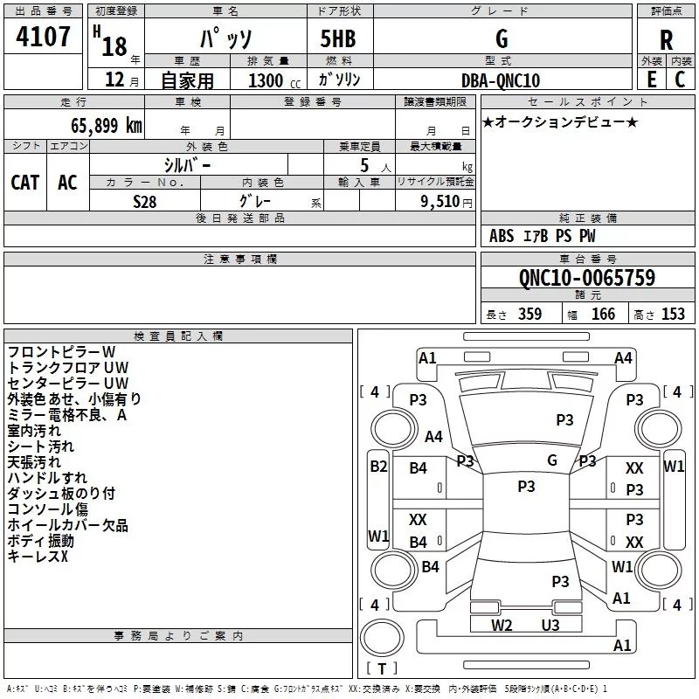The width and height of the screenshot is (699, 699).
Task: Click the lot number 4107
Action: pyautogui.click(x=43, y=36)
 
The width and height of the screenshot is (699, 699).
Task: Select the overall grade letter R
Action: pyautogui.click(x=666, y=40)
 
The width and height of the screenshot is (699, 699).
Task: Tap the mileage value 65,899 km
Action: pyautogui.click(x=107, y=125)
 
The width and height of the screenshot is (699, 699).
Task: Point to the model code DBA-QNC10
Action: pyautogui.click(x=501, y=80)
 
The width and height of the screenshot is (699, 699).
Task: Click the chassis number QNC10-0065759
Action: pyautogui.click(x=587, y=277)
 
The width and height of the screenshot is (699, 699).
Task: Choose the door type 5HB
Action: pyautogui.click(x=338, y=38)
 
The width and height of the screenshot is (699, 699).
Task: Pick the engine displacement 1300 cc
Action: pyautogui.click(x=274, y=80)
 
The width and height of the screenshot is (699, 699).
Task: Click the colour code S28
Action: pyautogui.click(x=144, y=202)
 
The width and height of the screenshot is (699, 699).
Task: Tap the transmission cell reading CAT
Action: pyautogui.click(x=25, y=183)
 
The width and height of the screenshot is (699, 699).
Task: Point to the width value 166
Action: pyautogui.click(x=603, y=314)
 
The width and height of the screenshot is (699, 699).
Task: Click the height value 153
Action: pyautogui.click(x=673, y=314)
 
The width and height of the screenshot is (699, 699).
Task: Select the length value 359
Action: pyautogui.click(x=530, y=314)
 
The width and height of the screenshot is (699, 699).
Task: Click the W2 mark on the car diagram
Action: pyautogui.click(x=502, y=625)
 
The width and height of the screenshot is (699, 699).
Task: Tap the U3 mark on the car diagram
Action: pyautogui.click(x=550, y=625)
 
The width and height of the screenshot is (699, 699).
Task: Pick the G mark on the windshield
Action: pyautogui.click(x=552, y=460)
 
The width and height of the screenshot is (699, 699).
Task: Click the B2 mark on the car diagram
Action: pyautogui.click(x=378, y=467)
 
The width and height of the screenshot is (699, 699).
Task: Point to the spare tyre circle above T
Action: pyautogui.click(x=382, y=638)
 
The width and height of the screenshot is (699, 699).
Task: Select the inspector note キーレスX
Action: pyautogui.click(x=38, y=557)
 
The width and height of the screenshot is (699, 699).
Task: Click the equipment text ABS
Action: pyautogui.click(x=502, y=236)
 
